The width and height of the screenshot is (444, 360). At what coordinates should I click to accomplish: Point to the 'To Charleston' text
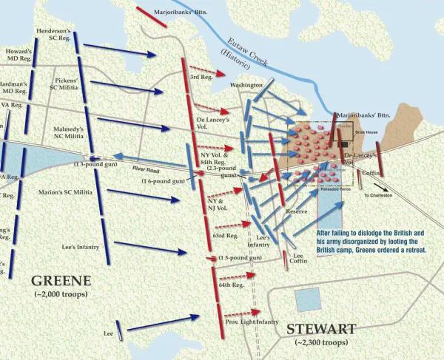[377, 194]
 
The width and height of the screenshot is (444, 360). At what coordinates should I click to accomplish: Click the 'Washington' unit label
[246, 86]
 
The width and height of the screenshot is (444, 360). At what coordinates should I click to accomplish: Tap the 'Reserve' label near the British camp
[296, 212]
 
